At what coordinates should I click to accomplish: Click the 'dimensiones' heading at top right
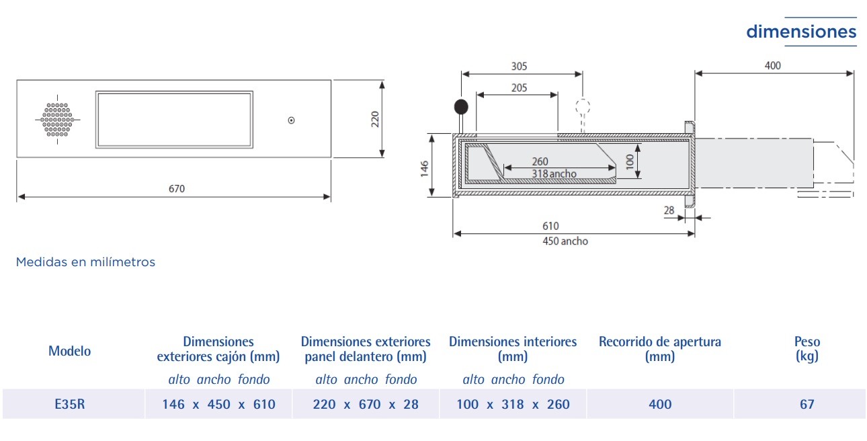[801, 32]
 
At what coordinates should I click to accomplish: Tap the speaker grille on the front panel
[57, 120]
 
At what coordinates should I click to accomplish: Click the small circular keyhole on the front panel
[291, 120]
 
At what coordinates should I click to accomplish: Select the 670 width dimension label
[176, 189]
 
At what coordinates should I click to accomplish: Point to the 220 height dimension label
[376, 119]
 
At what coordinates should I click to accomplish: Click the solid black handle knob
[461, 106]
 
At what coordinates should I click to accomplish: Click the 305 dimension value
[519, 66]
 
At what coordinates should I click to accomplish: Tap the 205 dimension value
[519, 87]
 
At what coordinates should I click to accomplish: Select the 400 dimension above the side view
[773, 65]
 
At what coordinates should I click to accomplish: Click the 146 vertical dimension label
[425, 166]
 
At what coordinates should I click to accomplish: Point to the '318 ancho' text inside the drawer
[554, 173]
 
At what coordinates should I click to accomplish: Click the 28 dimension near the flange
[669, 210]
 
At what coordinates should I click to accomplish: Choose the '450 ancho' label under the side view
[565, 241]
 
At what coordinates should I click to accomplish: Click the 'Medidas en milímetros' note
[85, 262]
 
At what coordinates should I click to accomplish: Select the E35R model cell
[69, 404]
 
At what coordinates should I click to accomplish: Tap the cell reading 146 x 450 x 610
[218, 404]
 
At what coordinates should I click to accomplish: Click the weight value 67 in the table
[807, 404]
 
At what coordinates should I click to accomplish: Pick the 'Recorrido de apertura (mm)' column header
[659, 348]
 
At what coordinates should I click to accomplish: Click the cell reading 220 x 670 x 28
[366, 404]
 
